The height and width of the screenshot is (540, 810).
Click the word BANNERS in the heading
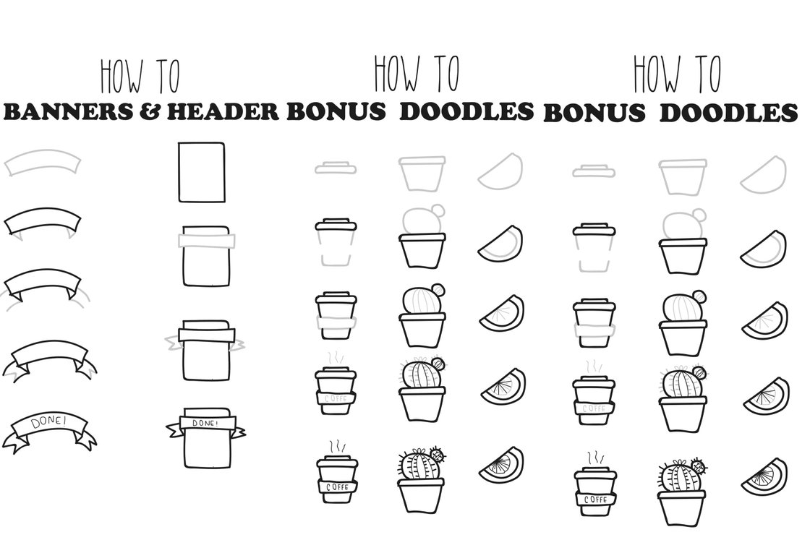(x=68, y=112)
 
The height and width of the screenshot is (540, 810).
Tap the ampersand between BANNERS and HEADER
(x=150, y=112)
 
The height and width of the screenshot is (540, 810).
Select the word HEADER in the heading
(x=223, y=112)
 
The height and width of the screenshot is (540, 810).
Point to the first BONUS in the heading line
(x=336, y=111)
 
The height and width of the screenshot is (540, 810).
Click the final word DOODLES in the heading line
(x=729, y=113)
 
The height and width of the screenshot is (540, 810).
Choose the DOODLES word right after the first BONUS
(x=466, y=111)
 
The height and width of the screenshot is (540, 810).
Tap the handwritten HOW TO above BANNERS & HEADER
(x=140, y=77)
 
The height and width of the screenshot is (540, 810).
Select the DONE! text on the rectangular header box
(x=205, y=423)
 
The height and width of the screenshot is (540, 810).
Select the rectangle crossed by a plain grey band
(x=206, y=256)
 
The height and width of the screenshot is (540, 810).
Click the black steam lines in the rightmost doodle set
(x=594, y=458)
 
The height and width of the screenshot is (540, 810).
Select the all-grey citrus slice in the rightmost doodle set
(x=764, y=174)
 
